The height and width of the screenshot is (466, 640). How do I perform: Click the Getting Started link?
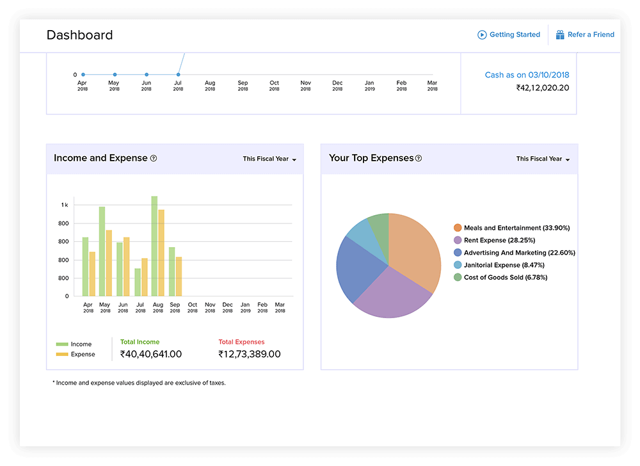[x=509, y=35]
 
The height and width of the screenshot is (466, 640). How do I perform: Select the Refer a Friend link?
[x=584, y=35]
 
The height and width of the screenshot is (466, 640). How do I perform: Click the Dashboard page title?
[x=79, y=35]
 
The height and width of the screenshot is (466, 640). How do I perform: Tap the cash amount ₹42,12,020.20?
[x=543, y=88]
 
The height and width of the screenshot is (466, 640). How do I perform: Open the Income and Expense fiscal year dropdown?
[x=269, y=159]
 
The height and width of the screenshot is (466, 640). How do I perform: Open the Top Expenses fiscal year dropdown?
[x=543, y=159]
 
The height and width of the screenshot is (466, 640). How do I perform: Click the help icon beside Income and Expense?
[x=154, y=158]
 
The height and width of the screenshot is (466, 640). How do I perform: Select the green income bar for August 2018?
[x=154, y=246]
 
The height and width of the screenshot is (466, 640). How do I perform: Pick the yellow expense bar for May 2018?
[x=109, y=262]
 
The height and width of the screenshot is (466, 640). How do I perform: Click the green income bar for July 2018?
[x=138, y=282]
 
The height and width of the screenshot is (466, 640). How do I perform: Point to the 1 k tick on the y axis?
[x=65, y=205]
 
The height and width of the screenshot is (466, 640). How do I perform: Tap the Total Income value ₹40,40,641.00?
[x=151, y=354]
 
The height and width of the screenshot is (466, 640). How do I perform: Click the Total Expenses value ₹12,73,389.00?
[x=250, y=354]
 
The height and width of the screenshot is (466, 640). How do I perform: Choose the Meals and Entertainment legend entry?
[x=511, y=228]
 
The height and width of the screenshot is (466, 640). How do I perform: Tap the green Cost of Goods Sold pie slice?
[x=379, y=226]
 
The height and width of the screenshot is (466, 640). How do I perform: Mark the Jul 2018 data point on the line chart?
[x=178, y=75]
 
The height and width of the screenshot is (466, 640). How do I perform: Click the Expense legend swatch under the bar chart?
[x=62, y=354]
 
